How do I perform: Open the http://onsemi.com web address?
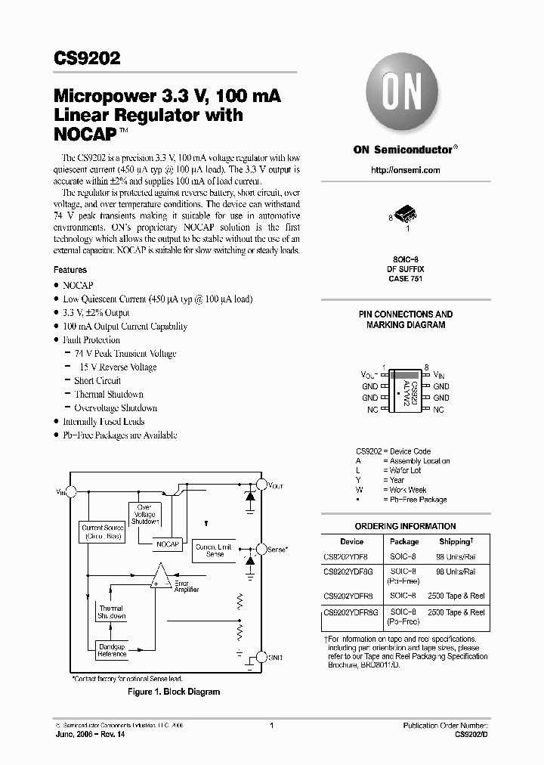(405, 170)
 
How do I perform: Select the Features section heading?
(70, 270)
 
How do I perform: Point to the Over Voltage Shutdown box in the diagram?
(144, 514)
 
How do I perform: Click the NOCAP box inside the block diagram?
(168, 544)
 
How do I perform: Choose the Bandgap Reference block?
(111, 649)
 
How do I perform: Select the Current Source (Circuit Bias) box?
(103, 531)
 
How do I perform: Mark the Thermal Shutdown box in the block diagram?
(111, 612)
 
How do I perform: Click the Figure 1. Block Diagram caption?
(173, 692)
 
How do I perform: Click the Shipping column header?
(456, 541)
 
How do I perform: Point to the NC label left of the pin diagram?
(372, 409)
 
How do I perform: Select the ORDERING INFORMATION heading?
(405, 526)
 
